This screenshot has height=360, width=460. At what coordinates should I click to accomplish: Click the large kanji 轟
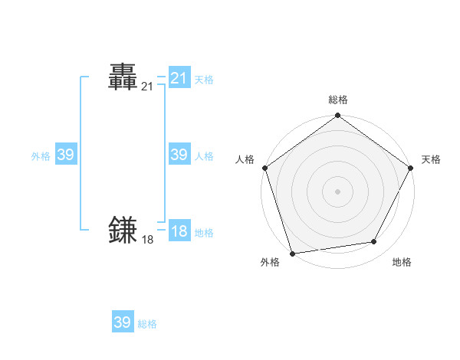(123, 77)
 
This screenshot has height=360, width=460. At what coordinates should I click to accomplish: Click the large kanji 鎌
(123, 229)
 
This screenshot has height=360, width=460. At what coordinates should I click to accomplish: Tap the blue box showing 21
(179, 78)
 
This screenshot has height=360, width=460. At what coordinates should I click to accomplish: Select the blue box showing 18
(179, 231)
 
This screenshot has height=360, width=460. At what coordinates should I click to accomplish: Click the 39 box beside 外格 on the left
(65, 155)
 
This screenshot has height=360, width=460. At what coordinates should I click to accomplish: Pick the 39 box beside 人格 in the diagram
(179, 155)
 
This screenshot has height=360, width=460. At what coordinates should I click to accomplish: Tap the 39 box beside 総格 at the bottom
(123, 322)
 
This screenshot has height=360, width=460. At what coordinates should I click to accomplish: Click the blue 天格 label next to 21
(204, 80)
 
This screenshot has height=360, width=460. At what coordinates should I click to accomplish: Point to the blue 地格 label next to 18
(204, 233)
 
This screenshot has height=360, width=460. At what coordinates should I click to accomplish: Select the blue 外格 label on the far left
(41, 156)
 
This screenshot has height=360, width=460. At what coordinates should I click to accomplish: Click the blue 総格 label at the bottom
(147, 324)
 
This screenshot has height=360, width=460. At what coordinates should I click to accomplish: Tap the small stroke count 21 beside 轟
(147, 87)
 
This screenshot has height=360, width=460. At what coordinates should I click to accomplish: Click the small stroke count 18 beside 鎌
(147, 240)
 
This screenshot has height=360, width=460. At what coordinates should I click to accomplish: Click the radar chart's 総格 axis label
(337, 100)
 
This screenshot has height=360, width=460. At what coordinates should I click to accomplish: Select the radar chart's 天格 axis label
(431, 159)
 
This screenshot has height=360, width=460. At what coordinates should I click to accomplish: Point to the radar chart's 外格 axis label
(270, 263)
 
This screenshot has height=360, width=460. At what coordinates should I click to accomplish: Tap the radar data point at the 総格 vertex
(337, 116)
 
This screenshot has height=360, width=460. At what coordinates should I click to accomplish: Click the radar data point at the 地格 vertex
(374, 242)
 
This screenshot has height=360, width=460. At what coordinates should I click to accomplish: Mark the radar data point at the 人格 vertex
(265, 168)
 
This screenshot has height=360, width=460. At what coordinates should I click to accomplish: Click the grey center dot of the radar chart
(337, 191)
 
